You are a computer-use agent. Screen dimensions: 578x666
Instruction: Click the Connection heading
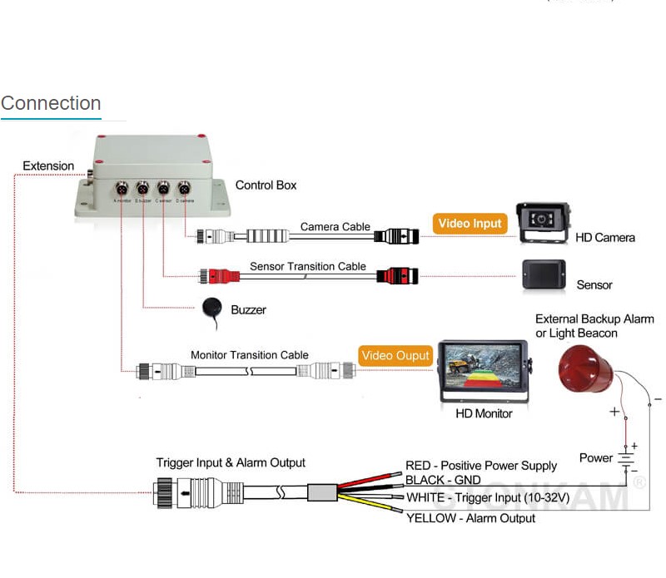point(51,103)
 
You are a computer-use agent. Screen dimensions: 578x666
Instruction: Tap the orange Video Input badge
point(470,223)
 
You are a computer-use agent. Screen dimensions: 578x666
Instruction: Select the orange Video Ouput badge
point(395,355)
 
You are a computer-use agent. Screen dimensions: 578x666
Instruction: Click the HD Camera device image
point(544,223)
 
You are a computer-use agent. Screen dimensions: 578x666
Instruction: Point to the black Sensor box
point(544,274)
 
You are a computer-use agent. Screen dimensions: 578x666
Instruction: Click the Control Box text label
point(266,185)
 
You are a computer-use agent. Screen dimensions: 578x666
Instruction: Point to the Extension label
point(48,165)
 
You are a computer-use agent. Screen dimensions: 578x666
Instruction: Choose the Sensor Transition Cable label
point(308,266)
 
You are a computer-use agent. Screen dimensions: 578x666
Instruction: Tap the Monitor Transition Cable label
point(250,355)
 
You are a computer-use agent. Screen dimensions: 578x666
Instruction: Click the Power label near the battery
point(596,457)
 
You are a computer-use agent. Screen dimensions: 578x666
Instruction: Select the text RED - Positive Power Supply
point(481,466)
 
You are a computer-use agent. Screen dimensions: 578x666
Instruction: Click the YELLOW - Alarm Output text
point(470,518)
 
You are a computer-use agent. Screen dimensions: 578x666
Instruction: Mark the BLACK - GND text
point(443,481)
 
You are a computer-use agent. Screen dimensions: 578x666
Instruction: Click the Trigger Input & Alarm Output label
point(231,462)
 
